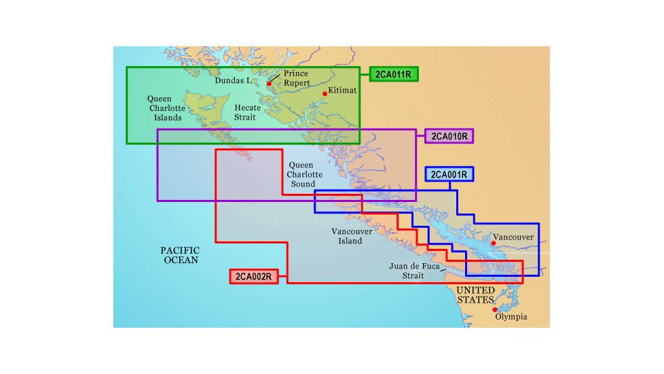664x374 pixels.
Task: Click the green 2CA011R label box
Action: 394,74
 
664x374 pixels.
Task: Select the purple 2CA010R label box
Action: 449,136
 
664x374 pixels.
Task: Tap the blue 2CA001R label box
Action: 449,175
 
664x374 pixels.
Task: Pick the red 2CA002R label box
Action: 253,276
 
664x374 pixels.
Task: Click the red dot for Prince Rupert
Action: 270,84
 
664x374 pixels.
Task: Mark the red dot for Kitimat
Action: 325,94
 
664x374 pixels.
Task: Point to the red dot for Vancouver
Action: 493,243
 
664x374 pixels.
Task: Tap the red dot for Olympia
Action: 494,310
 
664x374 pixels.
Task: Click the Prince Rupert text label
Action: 296,78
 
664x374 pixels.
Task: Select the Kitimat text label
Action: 342,90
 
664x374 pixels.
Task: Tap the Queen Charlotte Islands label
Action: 164,108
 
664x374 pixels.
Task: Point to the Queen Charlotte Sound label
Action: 301,175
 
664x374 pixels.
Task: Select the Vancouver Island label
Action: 352,236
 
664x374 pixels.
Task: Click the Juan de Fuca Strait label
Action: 406,271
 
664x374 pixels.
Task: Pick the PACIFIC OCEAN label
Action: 180,255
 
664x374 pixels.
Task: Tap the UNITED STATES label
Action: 475,295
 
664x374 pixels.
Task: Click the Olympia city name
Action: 511,317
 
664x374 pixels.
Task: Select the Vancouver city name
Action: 513,237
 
